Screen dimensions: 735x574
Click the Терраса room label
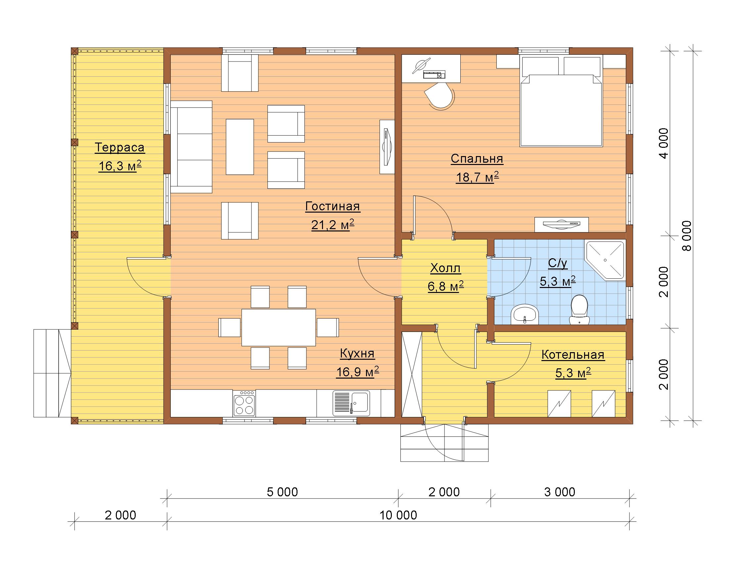[119, 147]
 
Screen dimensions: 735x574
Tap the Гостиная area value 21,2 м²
[333, 225]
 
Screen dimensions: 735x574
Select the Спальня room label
[477, 158]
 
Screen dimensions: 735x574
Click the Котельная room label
[573, 355]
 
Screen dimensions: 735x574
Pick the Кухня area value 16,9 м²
[357, 372]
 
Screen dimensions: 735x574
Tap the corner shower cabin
[605, 260]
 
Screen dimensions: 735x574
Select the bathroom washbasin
[525, 315]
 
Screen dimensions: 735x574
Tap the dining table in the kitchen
[279, 328]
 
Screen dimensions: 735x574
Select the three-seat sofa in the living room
[191, 146]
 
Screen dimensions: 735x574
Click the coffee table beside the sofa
[240, 146]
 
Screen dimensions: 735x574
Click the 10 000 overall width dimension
[398, 515]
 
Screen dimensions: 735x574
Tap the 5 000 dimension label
[282, 492]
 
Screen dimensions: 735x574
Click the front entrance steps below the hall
[444, 443]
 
